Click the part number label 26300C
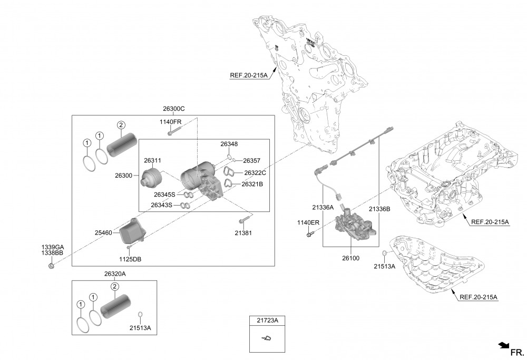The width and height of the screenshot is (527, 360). point(174,109)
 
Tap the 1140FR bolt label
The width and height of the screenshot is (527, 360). point(170,122)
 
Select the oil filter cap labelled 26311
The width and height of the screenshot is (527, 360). point(150,178)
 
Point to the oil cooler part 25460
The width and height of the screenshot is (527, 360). point(132,231)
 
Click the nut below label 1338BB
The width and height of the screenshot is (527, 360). point(52,266)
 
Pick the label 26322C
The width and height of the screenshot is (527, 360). point(255,173)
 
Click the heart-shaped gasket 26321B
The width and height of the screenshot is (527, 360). point(229,183)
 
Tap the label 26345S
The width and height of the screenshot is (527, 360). point(164,194)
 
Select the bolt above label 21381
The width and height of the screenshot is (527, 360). point(245,220)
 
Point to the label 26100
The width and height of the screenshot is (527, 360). point(350,258)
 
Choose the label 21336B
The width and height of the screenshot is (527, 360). point(379,209)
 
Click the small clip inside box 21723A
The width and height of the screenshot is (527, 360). point(267,338)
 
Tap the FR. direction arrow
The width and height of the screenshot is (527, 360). point(504,345)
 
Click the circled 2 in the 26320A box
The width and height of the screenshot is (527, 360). point(114,286)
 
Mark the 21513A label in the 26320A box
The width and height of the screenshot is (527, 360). point(140,328)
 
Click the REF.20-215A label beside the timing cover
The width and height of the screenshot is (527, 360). point(249,75)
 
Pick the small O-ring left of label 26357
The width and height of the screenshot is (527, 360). point(234,160)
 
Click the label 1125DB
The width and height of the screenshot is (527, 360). point(130,259)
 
